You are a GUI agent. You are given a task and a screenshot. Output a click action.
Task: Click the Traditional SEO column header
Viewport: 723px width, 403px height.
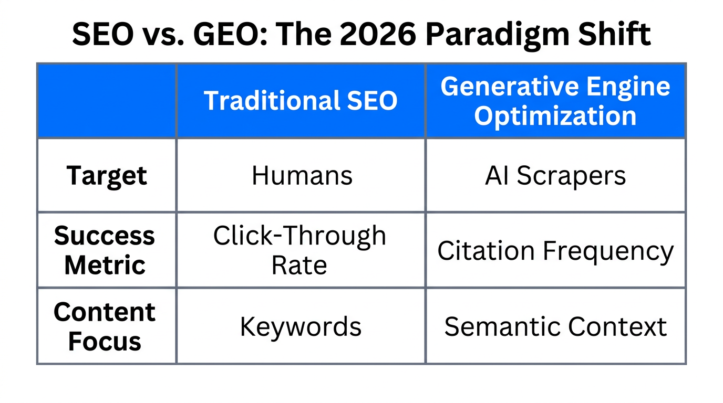pos(301,101)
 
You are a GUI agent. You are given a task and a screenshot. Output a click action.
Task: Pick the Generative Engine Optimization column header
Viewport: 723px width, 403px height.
pos(555,101)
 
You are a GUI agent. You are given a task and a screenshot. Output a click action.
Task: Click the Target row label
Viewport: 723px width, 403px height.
pos(107,175)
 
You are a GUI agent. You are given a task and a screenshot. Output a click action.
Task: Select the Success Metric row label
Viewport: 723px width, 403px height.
pos(105,250)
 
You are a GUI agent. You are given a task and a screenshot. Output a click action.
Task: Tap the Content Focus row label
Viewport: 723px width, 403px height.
pos(105,326)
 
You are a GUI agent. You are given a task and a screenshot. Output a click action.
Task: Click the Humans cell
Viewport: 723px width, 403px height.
pos(302,175)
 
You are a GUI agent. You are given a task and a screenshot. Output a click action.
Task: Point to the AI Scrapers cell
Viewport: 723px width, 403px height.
pos(555,176)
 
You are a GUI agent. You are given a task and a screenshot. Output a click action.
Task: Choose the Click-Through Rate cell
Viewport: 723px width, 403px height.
pos(300,250)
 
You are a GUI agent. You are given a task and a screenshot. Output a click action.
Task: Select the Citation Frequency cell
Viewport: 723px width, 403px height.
pos(555,251)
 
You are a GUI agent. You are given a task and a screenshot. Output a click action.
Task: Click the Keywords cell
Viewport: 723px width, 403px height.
pos(301,326)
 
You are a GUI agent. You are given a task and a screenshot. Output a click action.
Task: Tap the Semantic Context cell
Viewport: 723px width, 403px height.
pos(555,326)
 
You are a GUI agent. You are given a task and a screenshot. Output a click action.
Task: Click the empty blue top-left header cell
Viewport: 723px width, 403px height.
pos(107,101)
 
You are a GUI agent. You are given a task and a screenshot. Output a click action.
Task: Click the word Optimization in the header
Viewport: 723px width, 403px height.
pos(555,115)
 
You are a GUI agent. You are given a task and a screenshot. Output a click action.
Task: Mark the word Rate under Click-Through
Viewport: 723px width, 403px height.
pos(299,264)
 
